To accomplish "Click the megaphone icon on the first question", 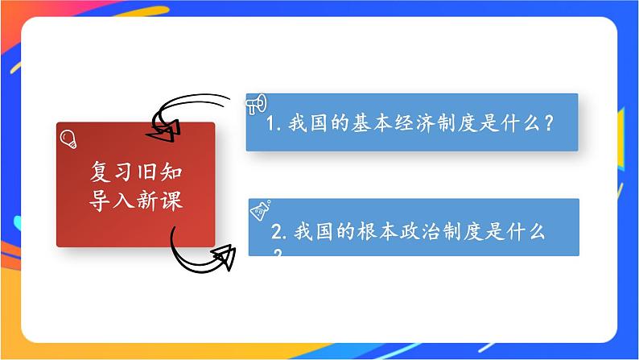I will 256,104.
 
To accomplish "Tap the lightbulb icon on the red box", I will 68,137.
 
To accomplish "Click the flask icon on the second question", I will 260,211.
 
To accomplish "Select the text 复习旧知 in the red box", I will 136,172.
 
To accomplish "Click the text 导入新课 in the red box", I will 136,199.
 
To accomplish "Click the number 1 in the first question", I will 270,126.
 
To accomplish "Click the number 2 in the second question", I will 277,233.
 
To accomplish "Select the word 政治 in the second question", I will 418,233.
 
